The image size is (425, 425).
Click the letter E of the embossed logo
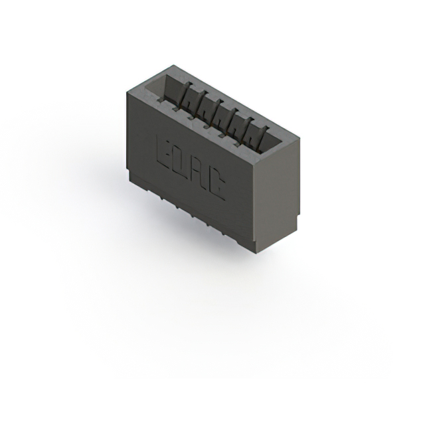(163, 152)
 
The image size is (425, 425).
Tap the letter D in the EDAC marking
(181, 163)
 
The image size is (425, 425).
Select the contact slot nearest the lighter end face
(256, 135)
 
